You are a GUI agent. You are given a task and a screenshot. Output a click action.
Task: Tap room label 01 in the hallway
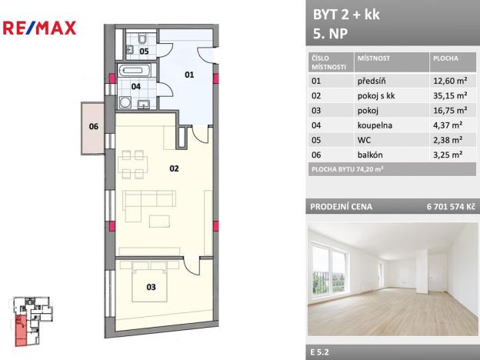point(190,75)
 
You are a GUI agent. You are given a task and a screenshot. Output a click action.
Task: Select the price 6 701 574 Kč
point(447,207)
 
